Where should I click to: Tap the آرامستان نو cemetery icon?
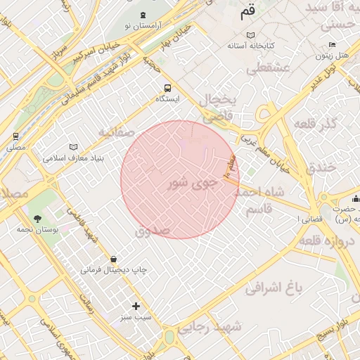tap(143, 15)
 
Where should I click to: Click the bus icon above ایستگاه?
tap(167, 88)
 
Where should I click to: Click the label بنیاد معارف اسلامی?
tap(73, 158)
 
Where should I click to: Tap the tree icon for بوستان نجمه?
tap(37, 219)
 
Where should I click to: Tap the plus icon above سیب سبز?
tap(136, 306)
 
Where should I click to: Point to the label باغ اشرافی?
tap(274, 287)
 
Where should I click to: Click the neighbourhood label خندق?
tap(323, 167)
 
